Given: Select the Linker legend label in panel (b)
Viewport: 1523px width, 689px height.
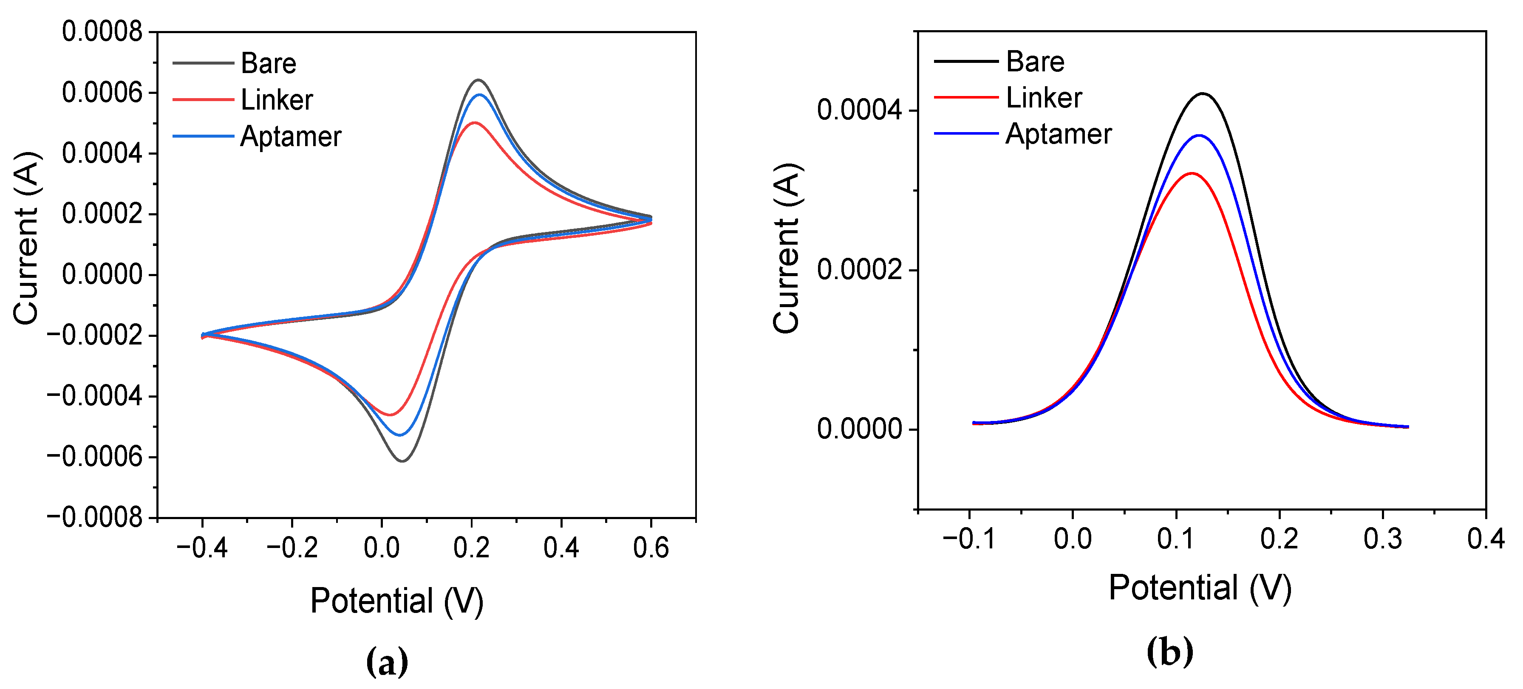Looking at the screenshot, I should [1044, 98].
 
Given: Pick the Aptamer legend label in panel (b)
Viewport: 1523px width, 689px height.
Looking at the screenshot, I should [1058, 133].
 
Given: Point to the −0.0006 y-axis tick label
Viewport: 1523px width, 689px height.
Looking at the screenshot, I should [95, 457].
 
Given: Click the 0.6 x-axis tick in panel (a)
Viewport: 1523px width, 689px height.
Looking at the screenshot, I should [650, 548].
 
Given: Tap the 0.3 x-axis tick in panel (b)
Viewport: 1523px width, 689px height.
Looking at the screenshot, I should [1382, 538].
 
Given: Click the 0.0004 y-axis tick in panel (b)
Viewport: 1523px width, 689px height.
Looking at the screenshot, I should [860, 110].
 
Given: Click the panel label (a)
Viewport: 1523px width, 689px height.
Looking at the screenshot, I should [387, 662].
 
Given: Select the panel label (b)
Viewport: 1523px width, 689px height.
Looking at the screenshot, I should [1169, 652].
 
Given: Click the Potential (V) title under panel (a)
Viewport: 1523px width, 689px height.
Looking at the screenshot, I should [397, 601].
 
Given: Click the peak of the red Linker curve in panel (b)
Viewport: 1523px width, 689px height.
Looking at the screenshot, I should [1191, 173].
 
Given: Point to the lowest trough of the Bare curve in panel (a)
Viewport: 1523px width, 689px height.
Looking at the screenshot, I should [402, 461].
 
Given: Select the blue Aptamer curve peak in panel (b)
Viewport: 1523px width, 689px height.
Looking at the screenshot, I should [1198, 136].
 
